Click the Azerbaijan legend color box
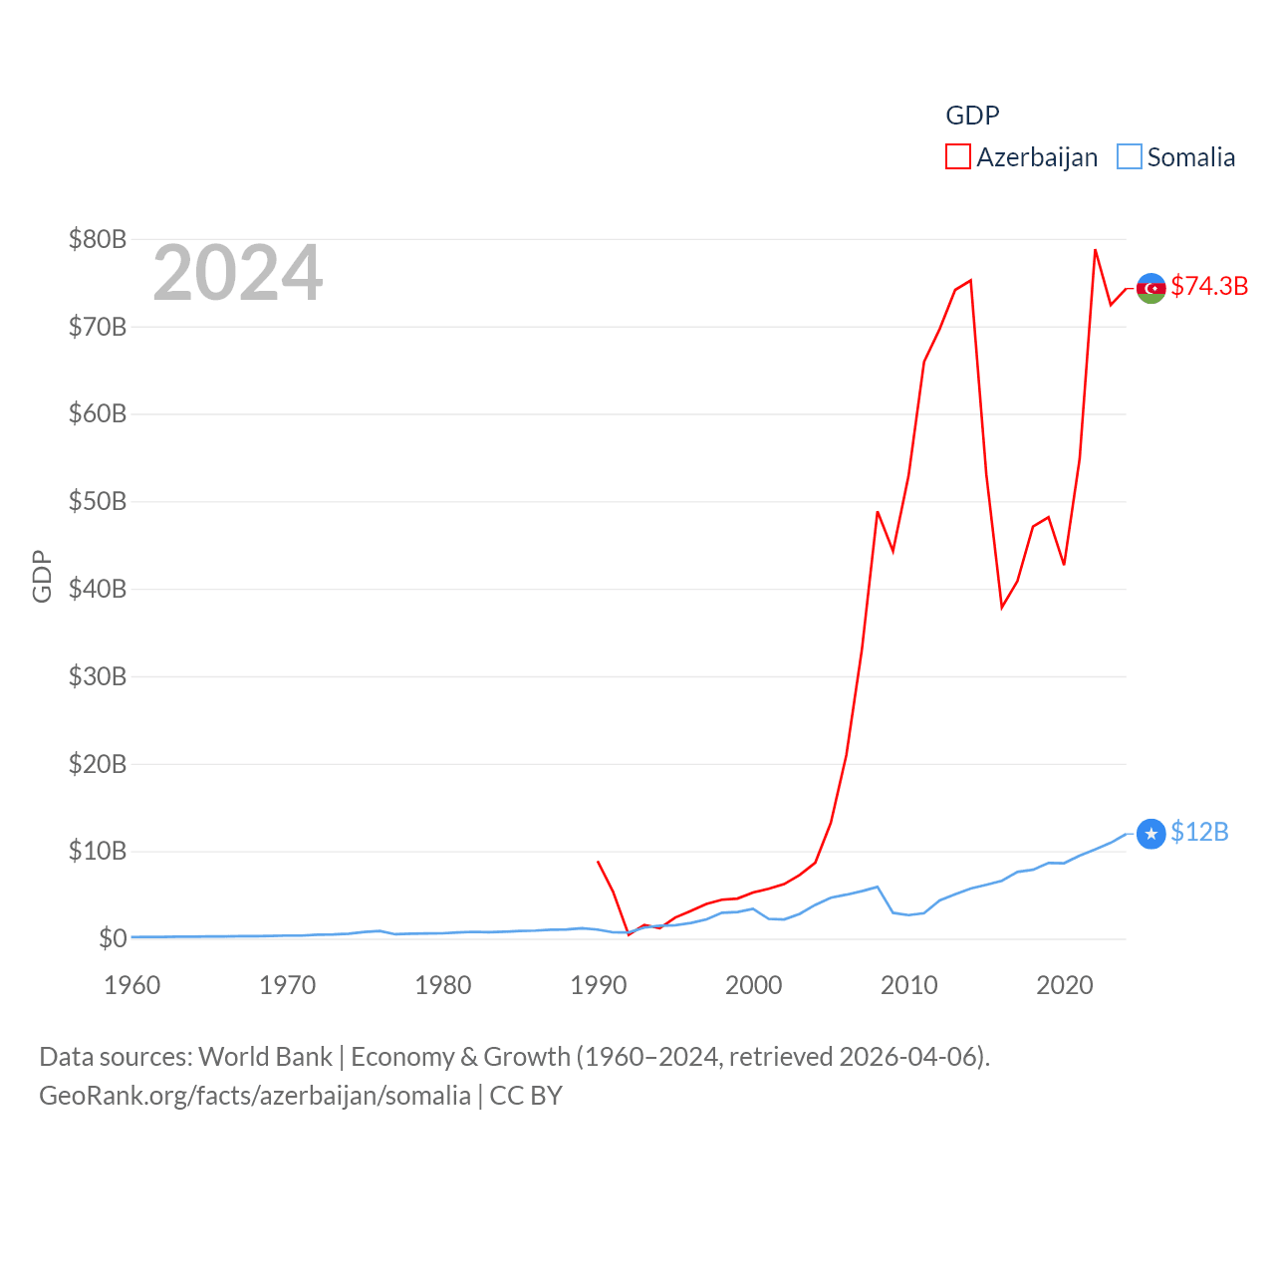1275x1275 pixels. [x=958, y=157]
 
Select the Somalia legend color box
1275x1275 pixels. [x=1129, y=157]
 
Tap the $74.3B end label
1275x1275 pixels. [x=1209, y=286]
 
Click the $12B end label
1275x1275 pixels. [x=1199, y=832]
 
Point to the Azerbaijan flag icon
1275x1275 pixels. [x=1151, y=288]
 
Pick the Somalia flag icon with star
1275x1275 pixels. [x=1151, y=834]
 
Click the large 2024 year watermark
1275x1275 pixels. [x=237, y=273]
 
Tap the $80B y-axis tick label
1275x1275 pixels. [x=98, y=239]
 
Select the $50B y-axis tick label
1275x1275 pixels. [x=98, y=501]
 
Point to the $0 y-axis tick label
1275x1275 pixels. [x=113, y=938]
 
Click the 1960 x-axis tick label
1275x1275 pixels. [x=132, y=985]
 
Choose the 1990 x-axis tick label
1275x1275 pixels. [x=599, y=985]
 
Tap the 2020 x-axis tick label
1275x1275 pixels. [x=1065, y=985]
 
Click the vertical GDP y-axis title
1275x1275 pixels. [x=42, y=576]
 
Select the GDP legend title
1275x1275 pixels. [x=972, y=116]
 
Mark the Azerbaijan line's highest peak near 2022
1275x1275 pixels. [x=1095, y=250]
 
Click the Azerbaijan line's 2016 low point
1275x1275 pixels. [x=1002, y=608]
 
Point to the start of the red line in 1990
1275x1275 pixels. [x=598, y=862]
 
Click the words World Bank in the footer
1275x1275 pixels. [x=265, y=1056]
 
